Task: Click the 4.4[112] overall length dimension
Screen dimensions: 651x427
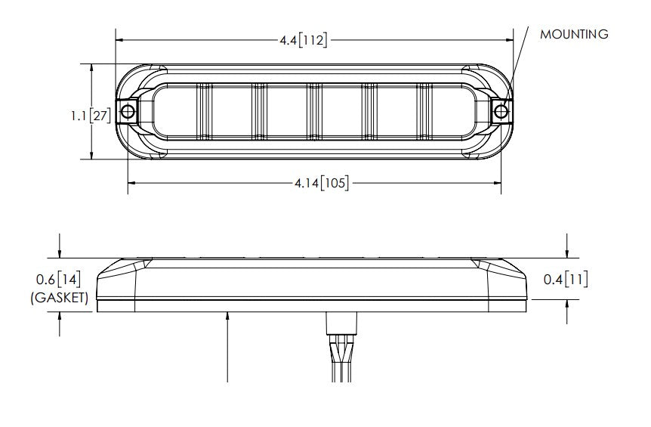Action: (303, 40)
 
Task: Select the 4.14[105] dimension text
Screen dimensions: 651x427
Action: (322, 183)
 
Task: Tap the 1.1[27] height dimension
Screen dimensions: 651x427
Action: (91, 116)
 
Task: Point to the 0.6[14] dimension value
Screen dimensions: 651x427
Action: (58, 280)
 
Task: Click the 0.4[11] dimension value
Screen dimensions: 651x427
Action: (566, 280)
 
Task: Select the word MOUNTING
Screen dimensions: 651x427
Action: (574, 34)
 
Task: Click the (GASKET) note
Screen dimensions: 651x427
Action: (60, 298)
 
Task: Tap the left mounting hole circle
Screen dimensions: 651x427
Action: (128, 111)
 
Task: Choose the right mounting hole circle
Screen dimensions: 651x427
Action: (501, 111)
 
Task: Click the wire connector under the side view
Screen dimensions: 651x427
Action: (341, 323)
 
